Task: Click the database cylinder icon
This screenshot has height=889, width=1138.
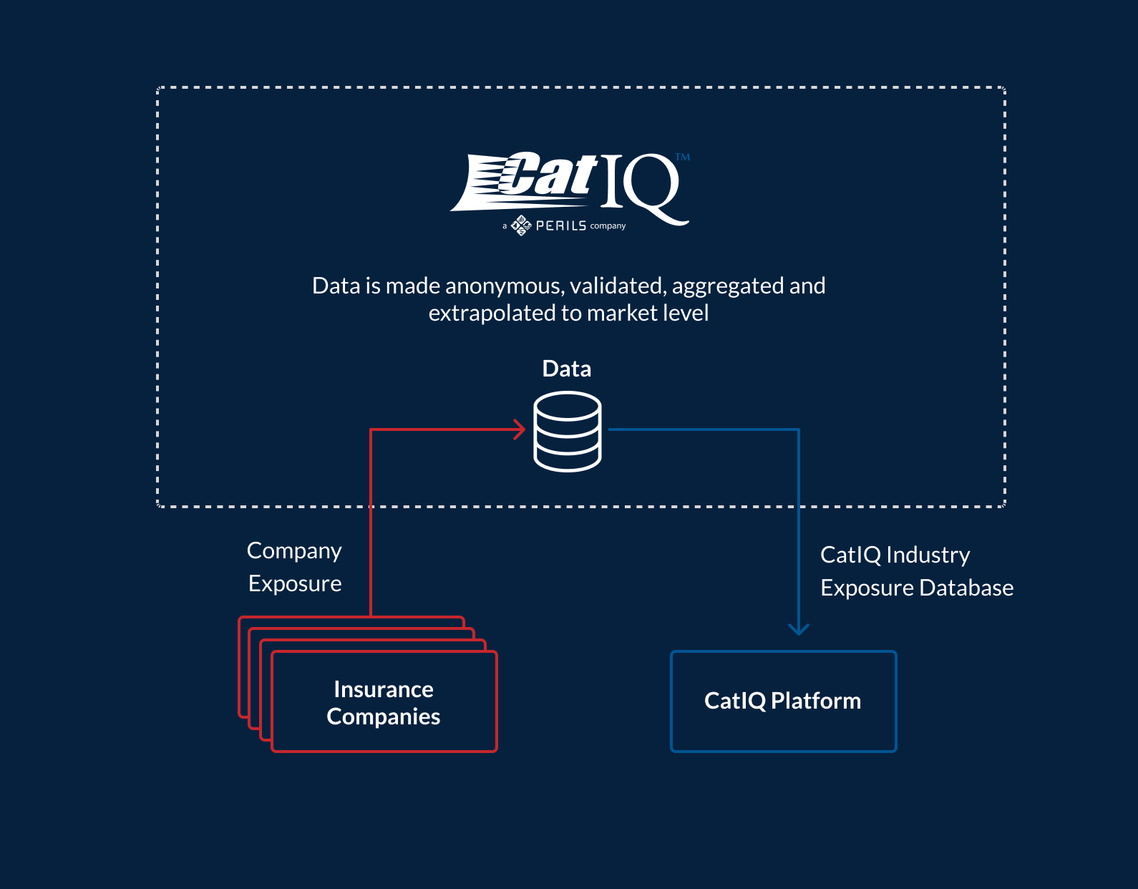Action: [x=568, y=432]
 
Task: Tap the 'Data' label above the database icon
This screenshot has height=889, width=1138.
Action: [x=567, y=369]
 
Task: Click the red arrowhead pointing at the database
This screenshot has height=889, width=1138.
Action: [x=520, y=429]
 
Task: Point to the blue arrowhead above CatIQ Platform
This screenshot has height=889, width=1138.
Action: [x=799, y=628]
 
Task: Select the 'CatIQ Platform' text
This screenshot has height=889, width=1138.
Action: [x=782, y=701]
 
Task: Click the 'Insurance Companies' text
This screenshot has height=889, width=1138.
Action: [x=384, y=702]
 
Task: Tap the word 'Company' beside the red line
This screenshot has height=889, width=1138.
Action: [x=294, y=550]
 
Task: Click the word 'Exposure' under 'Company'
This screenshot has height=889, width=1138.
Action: [x=295, y=583]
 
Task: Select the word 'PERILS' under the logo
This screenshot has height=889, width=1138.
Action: [x=561, y=225]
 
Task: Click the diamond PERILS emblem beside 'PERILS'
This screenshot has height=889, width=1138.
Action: [x=521, y=225]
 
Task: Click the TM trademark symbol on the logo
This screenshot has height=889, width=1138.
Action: [x=683, y=157]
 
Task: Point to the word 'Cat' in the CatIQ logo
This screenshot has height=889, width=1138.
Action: [x=548, y=175]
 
